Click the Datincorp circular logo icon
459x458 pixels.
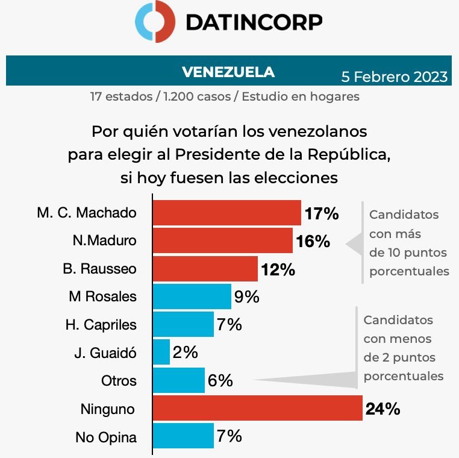(155, 22)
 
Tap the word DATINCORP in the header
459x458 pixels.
(254, 22)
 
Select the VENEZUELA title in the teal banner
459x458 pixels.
(228, 72)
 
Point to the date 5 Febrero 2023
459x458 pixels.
(395, 77)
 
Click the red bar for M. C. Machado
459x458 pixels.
(226, 213)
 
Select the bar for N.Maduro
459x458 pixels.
(222, 240)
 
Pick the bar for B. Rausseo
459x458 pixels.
(205, 268)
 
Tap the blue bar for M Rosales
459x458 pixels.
(192, 296)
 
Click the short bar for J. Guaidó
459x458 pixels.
(161, 352)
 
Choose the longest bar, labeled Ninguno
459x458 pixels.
(257, 409)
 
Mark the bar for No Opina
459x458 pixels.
(183, 436)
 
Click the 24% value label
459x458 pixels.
(382, 409)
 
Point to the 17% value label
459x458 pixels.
(321, 213)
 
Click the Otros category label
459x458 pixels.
(119, 381)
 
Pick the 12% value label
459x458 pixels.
(278, 269)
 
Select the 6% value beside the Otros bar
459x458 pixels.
(220, 380)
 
